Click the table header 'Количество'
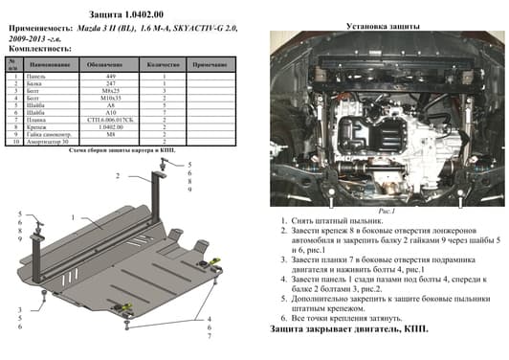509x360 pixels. [x=163, y=63]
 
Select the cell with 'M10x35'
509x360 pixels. [x=108, y=101]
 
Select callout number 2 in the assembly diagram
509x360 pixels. [x=118, y=176]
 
